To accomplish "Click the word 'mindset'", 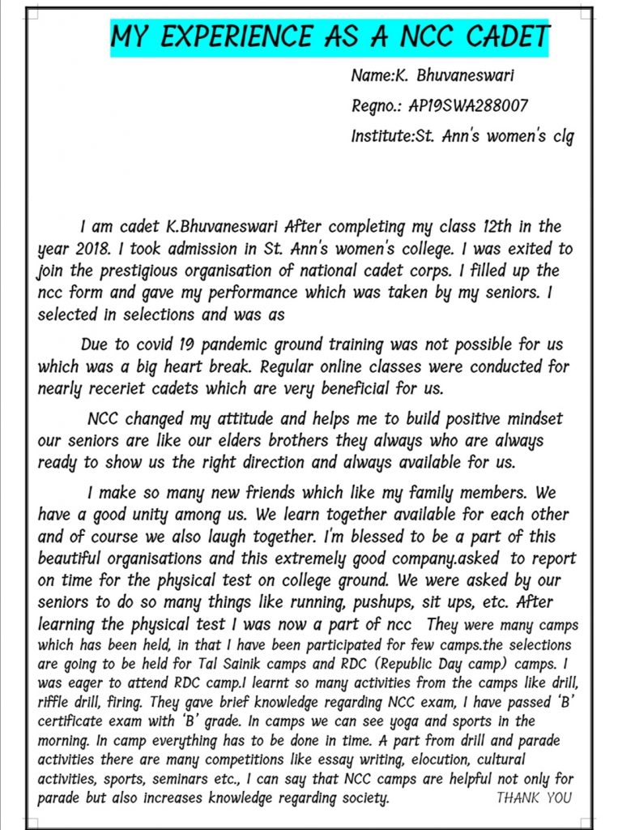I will coord(527,420).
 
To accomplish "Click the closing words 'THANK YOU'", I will coord(533,798).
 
